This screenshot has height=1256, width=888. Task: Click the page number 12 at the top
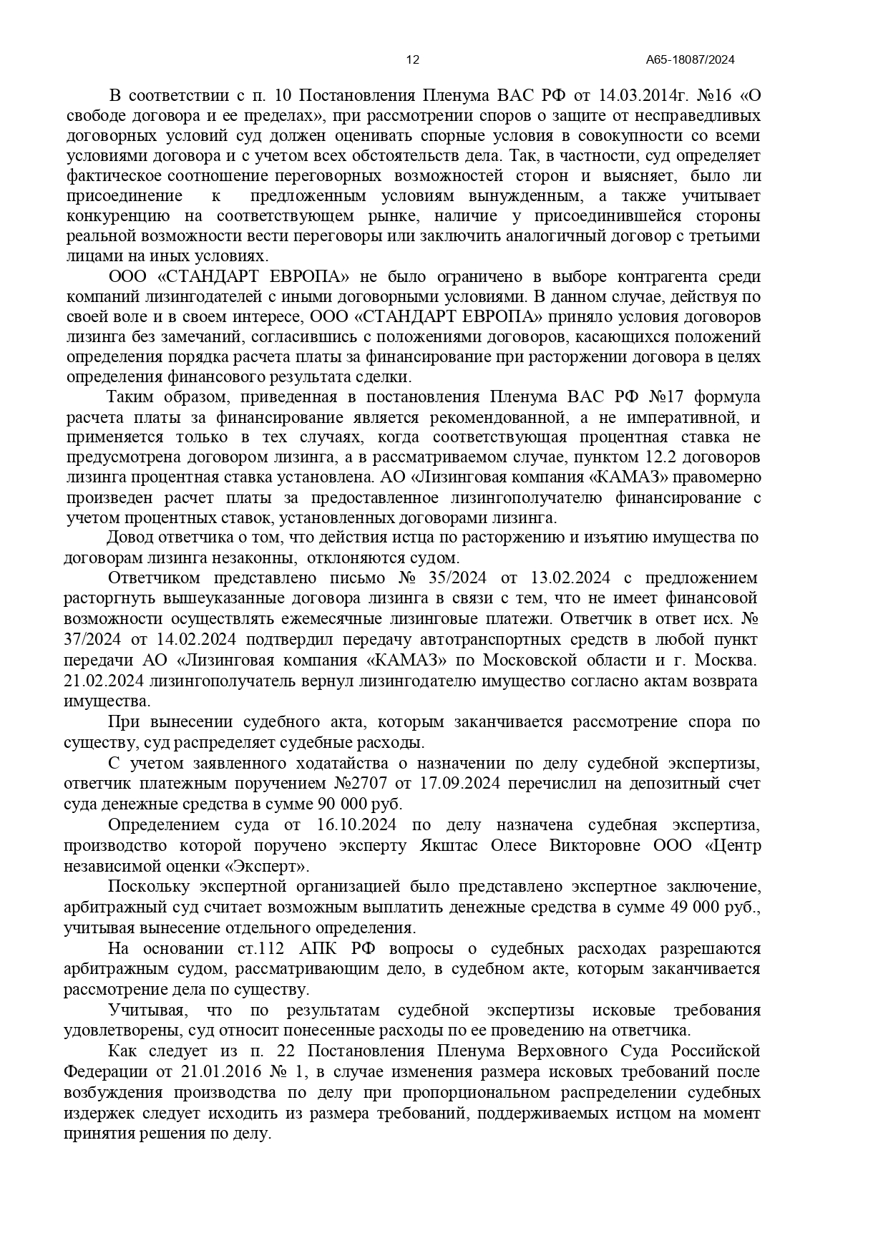[413, 60]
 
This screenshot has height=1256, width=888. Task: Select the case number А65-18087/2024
[691, 60]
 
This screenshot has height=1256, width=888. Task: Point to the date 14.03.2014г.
[644, 95]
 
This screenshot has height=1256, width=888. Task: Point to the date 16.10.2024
[355, 825]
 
